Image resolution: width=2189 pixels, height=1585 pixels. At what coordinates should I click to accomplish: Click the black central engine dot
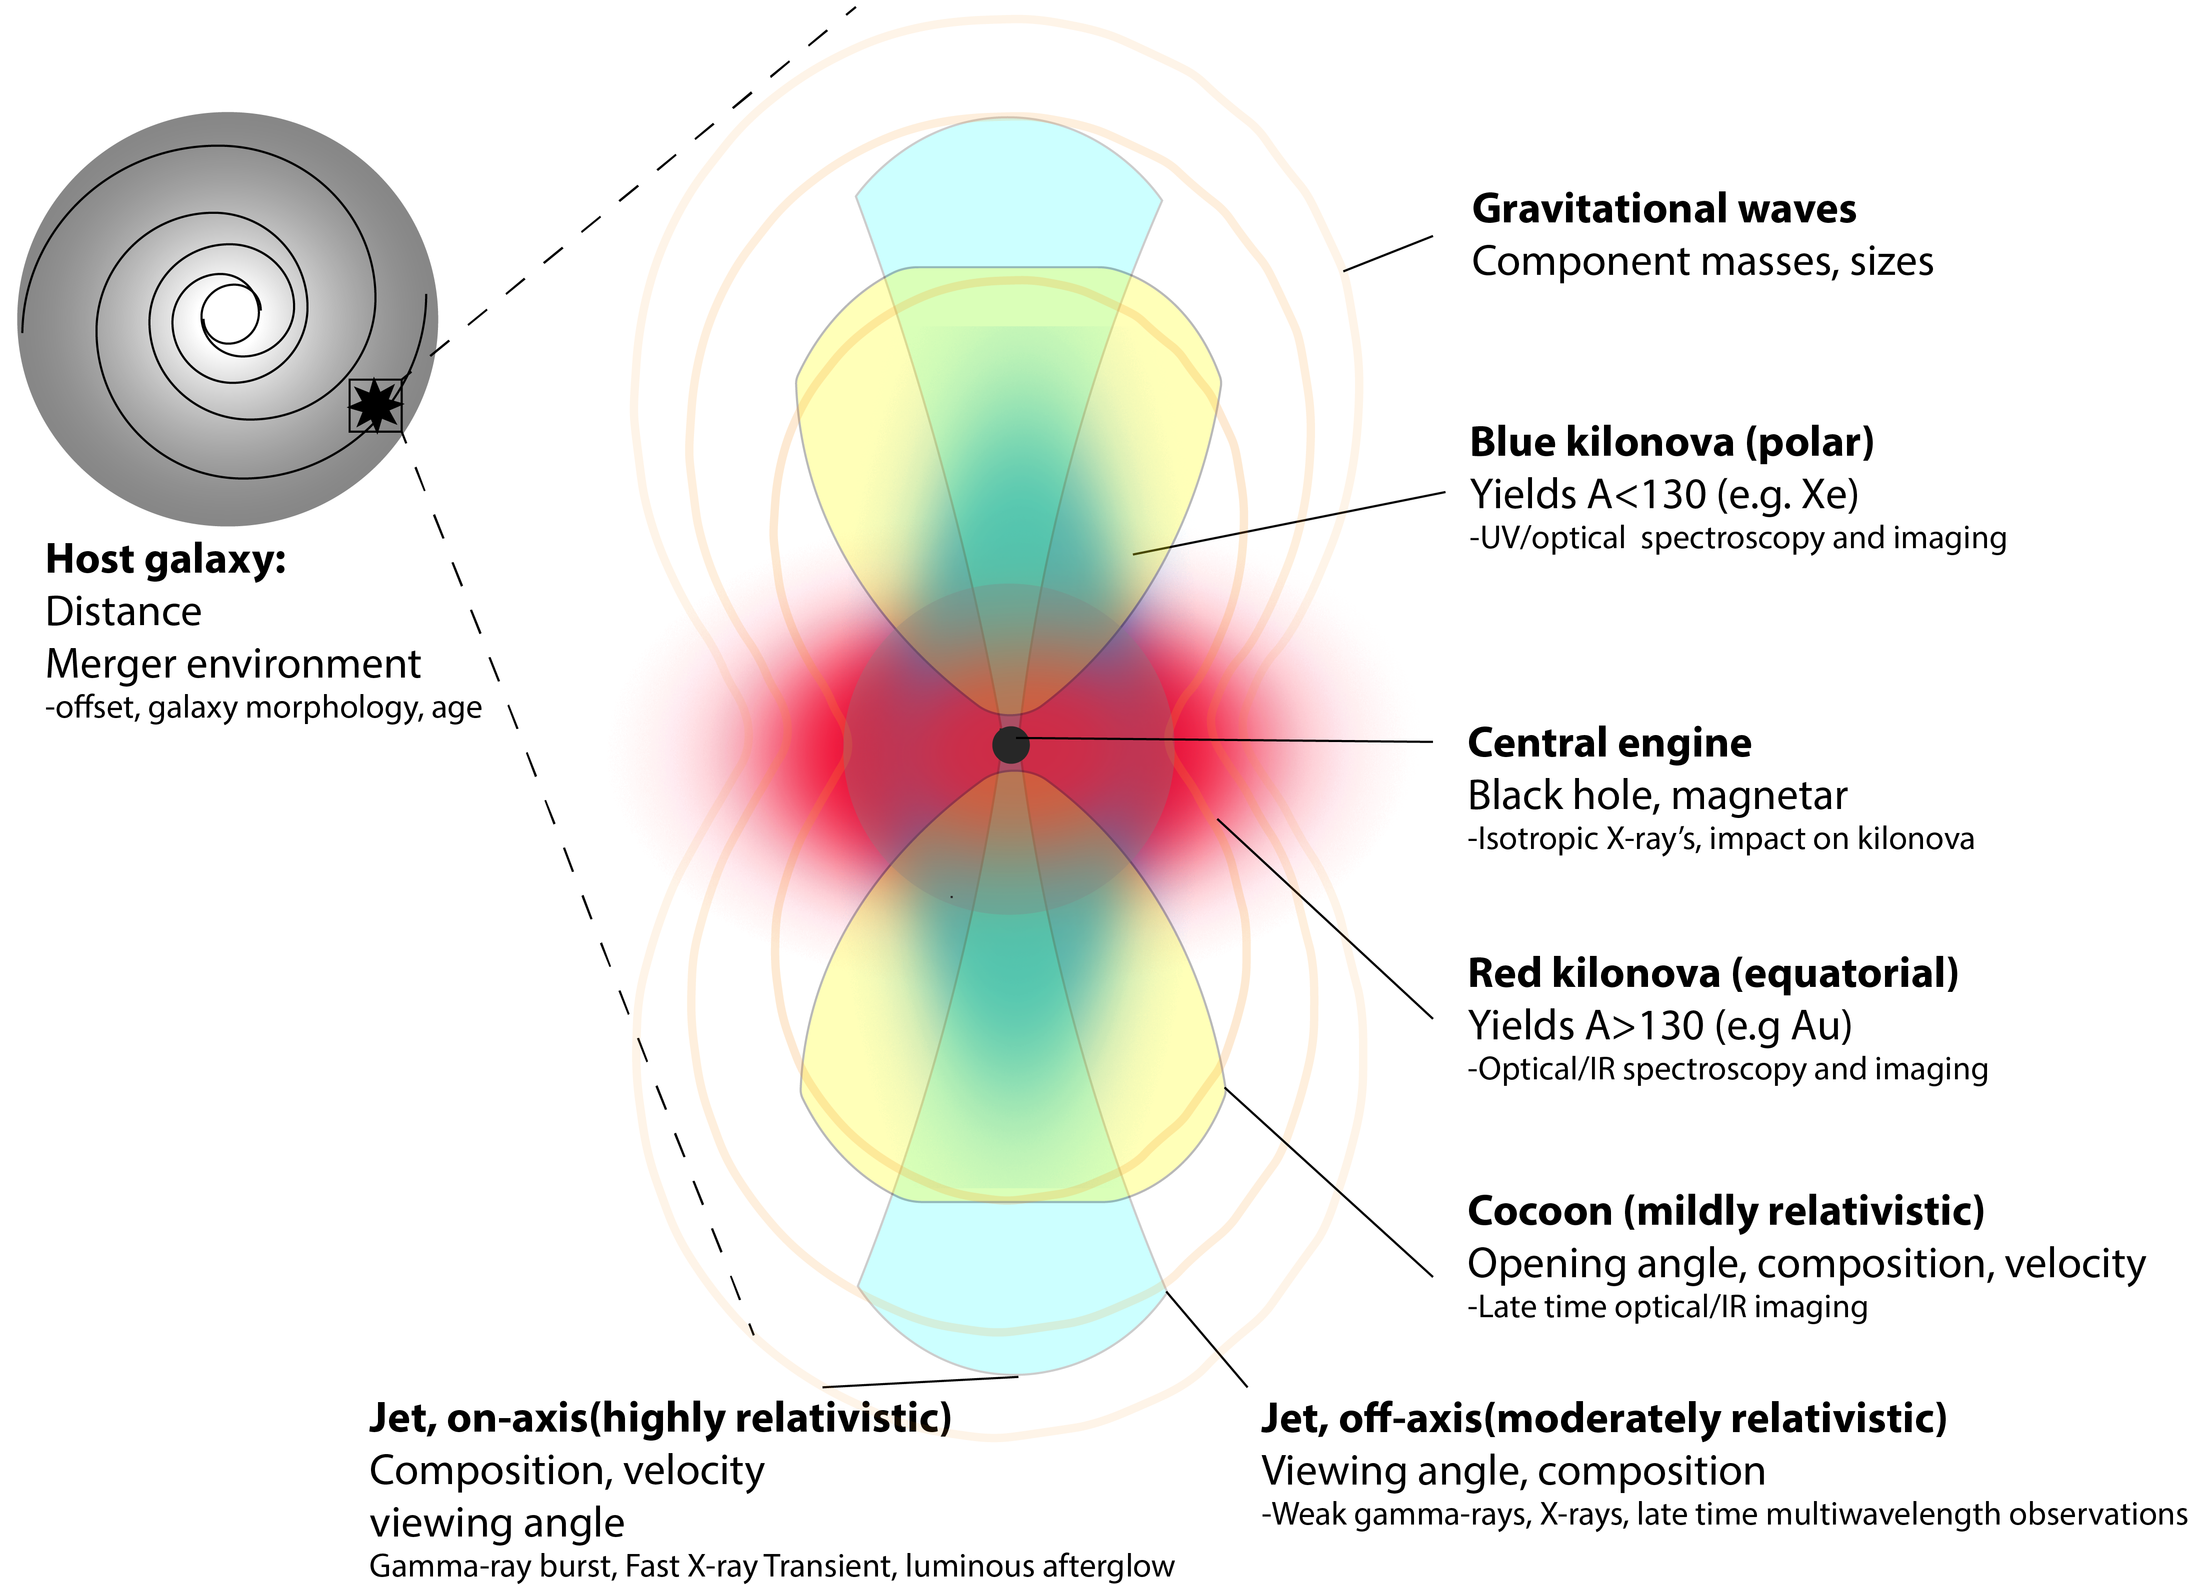pos(1010,745)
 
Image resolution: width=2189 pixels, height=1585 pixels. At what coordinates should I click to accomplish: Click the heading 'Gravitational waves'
pos(1663,209)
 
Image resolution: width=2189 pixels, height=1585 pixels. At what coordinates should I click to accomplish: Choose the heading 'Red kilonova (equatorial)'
pos(1712,973)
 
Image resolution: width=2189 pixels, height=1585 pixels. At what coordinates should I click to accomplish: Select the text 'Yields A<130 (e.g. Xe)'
pos(1663,495)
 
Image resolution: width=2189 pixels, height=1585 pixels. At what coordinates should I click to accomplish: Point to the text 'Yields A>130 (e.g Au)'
pos(1659,1025)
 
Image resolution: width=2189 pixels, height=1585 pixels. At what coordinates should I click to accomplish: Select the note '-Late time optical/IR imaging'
pos(1667,1307)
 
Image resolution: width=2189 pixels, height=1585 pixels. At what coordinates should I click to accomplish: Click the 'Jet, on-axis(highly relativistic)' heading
pos(660,1418)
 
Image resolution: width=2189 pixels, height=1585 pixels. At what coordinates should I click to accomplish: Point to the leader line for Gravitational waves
pos(1388,253)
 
